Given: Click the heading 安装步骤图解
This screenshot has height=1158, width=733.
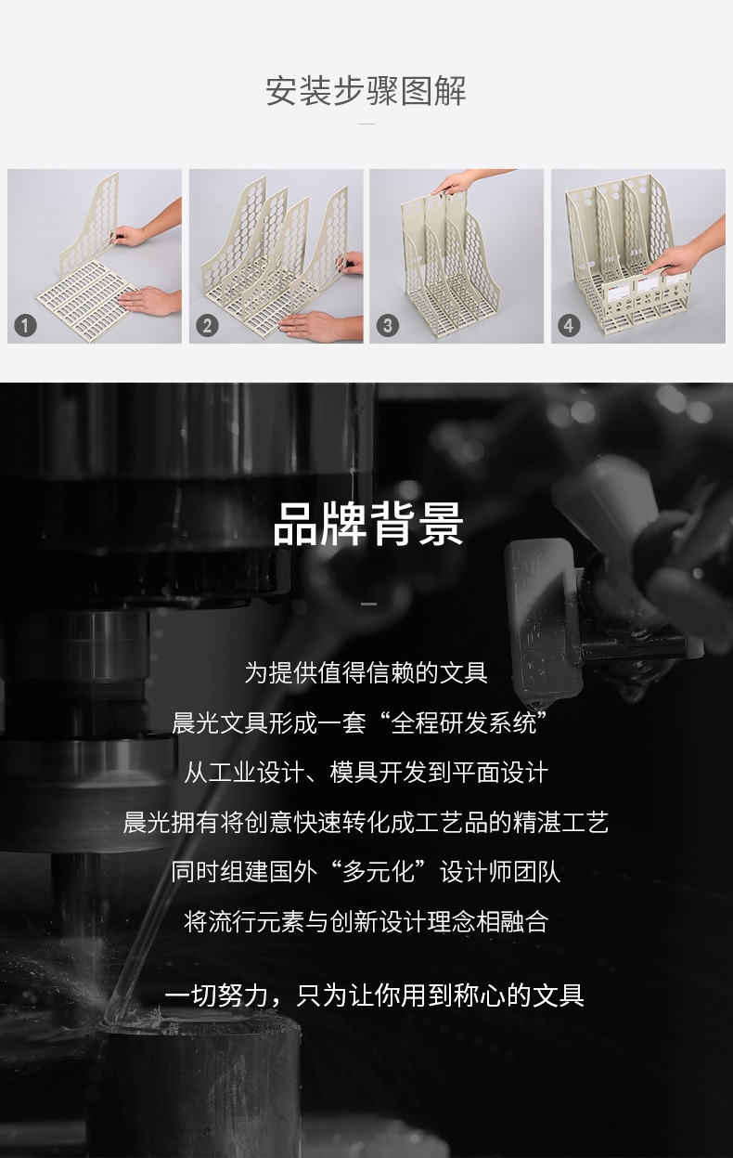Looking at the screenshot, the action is tap(366, 91).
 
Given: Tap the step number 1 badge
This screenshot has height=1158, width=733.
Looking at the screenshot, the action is tap(25, 326).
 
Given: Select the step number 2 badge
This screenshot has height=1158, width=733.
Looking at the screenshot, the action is tap(207, 326).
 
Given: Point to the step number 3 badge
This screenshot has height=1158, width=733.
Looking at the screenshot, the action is tap(388, 326).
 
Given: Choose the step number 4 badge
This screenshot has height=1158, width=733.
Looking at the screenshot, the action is tap(570, 326).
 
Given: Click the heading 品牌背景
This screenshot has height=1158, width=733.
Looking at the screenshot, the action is tap(367, 524).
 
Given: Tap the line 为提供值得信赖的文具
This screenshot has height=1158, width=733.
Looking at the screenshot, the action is tap(366, 672).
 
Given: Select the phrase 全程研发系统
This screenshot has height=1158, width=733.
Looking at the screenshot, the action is tap(464, 722).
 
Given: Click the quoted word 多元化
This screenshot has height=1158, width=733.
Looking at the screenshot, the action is tap(379, 872).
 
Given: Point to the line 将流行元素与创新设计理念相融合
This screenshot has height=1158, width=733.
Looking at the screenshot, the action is tap(366, 922).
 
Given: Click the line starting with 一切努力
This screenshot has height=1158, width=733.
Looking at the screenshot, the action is tap(375, 995).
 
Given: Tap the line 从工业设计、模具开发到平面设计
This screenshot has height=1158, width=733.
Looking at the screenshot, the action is tap(366, 773).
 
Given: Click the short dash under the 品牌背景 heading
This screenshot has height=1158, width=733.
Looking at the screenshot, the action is tap(368, 604).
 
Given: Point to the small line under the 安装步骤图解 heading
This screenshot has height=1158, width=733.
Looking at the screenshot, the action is tap(366, 124).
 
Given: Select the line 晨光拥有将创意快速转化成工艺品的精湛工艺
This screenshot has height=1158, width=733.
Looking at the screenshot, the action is tap(366, 823).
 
